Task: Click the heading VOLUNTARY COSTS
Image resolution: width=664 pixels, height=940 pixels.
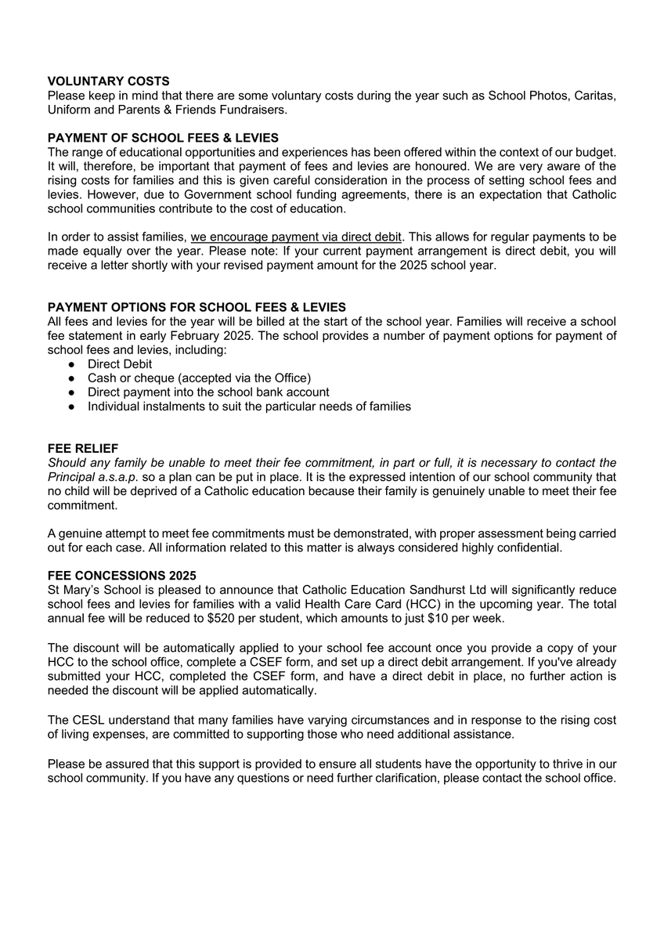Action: tap(108, 81)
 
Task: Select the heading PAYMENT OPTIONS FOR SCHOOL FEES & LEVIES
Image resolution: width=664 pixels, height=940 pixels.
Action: tap(197, 307)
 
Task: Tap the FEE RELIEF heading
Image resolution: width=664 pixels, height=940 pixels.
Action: tap(83, 449)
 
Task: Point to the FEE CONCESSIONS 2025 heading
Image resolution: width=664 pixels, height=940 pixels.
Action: tap(121, 575)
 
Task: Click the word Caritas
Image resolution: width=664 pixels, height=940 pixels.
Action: tap(594, 96)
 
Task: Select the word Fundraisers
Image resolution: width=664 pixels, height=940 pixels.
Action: tap(254, 109)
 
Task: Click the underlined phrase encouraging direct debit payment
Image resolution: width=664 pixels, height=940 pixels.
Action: tap(296, 237)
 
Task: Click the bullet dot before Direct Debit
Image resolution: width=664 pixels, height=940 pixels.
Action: tap(71, 364)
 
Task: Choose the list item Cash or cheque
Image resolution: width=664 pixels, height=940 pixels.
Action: tap(199, 378)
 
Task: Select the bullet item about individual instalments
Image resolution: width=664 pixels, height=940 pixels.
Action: tap(249, 407)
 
